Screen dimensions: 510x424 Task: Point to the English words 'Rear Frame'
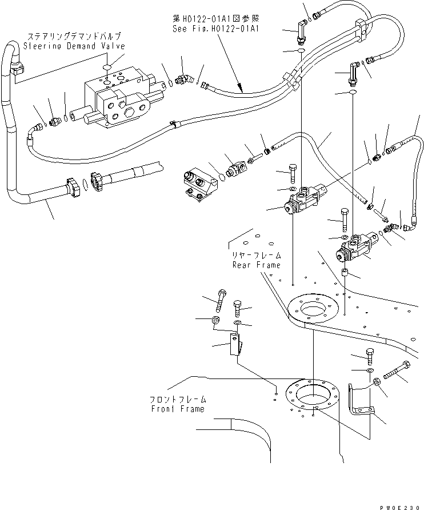click(x=257, y=265)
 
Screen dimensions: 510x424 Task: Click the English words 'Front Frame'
click(x=178, y=409)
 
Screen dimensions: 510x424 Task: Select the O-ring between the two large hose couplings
click(x=85, y=185)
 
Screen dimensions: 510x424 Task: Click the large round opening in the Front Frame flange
click(x=311, y=394)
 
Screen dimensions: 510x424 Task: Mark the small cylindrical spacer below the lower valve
click(x=345, y=274)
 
